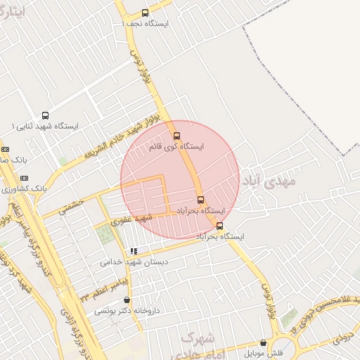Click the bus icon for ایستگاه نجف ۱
click(x=145, y=13)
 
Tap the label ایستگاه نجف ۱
click(x=145, y=23)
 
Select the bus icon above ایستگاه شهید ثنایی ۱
click(x=46, y=115)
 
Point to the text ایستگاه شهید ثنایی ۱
click(x=45, y=126)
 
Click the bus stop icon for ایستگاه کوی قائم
click(x=176, y=136)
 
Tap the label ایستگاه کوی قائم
click(x=177, y=147)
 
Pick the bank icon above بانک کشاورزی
click(x=24, y=178)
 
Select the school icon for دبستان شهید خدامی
click(x=133, y=251)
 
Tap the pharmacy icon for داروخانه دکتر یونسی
click(x=127, y=300)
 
